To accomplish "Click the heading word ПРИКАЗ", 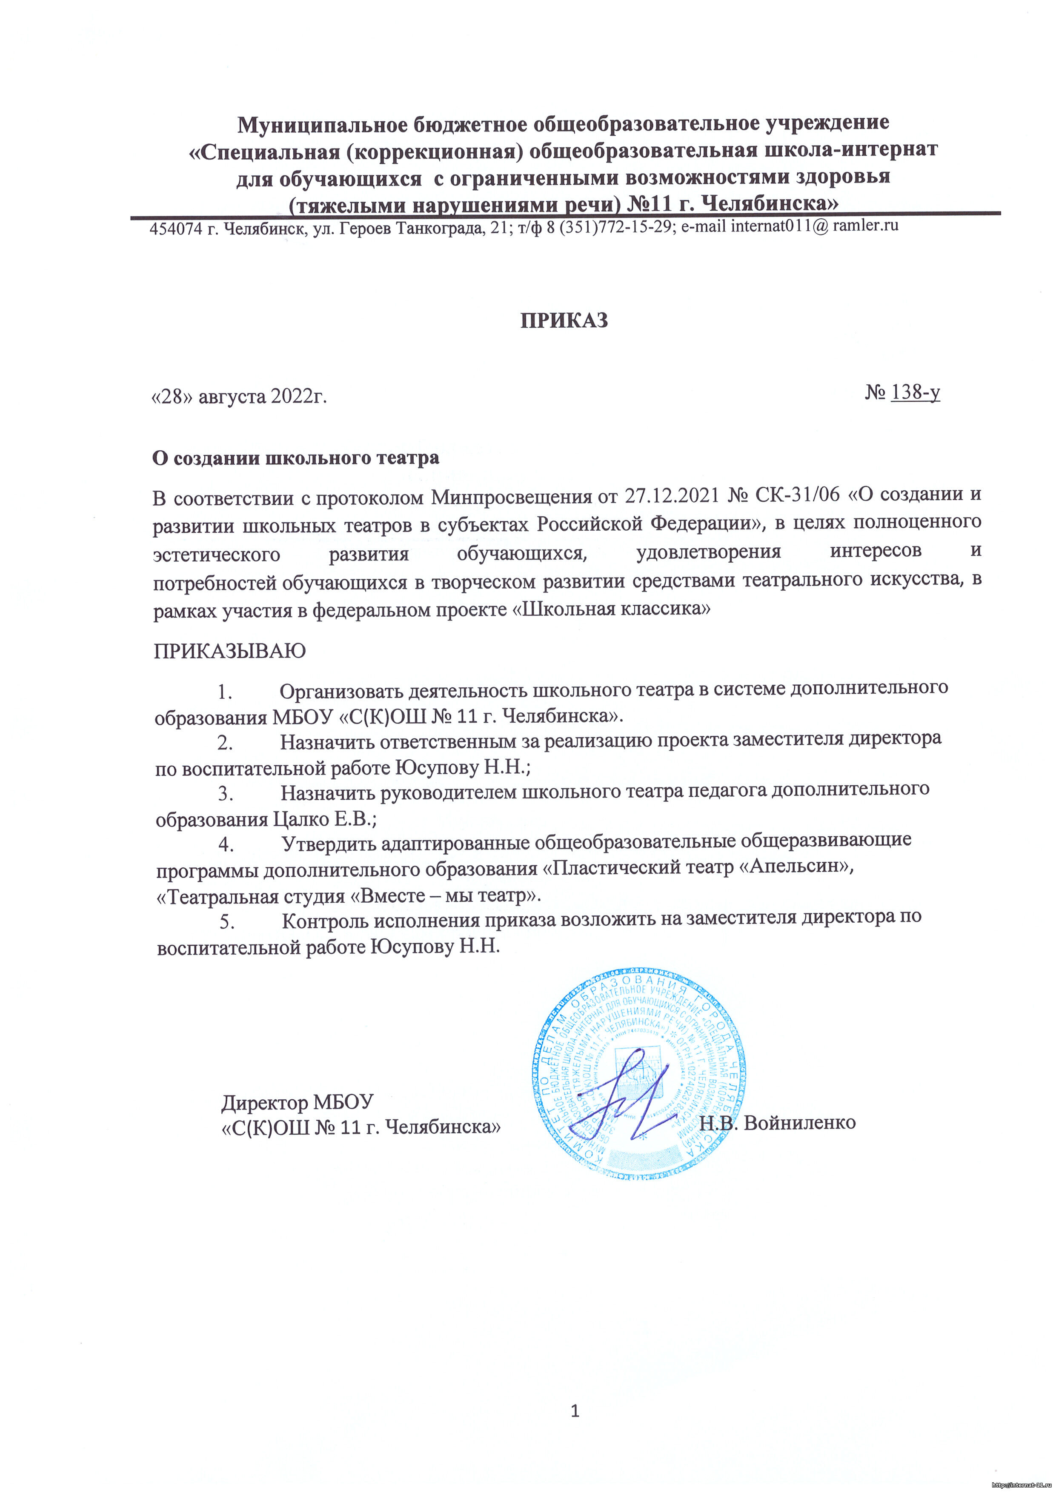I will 564,320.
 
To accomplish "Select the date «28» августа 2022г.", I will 239,396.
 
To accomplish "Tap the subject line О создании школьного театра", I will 295,458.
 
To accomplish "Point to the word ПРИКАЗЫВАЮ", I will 229,651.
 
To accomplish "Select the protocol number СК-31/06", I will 793,495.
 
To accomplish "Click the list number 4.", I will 225,845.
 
